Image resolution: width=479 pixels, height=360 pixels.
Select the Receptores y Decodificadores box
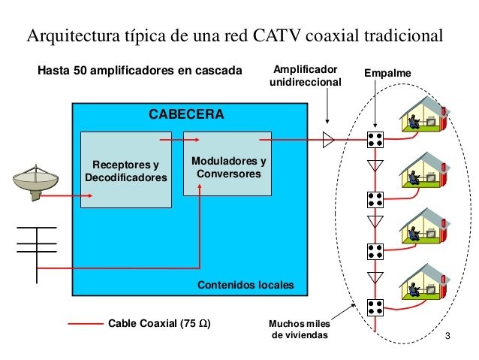click(x=126, y=170)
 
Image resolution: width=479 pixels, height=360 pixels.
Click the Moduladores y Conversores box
click(x=228, y=166)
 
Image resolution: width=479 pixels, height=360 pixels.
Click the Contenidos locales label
click(x=246, y=286)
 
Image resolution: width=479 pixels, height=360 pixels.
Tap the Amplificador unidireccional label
click(x=306, y=75)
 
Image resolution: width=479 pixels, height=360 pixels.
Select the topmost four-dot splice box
click(x=375, y=139)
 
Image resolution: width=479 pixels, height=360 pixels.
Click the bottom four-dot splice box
click(x=375, y=306)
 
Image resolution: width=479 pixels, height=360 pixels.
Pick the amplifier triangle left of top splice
click(x=328, y=139)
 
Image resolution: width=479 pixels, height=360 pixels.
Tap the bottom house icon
click(x=423, y=283)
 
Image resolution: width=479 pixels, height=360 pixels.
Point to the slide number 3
click(x=447, y=334)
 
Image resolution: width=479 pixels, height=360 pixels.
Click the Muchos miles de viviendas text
click(x=299, y=329)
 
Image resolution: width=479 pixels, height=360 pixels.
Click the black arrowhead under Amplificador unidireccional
click(x=328, y=120)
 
